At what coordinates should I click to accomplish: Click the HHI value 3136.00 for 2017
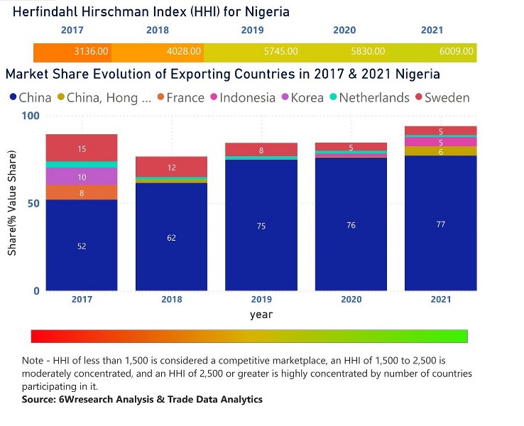click(91, 51)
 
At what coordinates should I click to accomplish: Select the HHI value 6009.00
click(456, 51)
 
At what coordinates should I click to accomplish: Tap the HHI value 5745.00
click(280, 51)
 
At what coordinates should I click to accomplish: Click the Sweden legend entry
click(443, 97)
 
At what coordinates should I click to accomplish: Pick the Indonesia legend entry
click(243, 97)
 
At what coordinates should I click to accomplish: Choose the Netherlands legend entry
click(370, 97)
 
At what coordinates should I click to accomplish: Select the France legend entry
click(181, 97)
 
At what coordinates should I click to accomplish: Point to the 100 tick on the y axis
click(31, 116)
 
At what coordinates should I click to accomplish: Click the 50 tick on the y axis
click(33, 204)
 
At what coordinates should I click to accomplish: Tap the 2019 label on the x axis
click(261, 299)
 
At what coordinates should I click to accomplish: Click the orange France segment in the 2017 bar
click(82, 192)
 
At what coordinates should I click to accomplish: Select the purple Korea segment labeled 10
click(82, 176)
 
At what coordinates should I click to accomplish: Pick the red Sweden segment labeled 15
click(82, 148)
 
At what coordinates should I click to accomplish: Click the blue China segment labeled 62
click(171, 237)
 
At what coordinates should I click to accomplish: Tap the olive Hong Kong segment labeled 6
click(441, 151)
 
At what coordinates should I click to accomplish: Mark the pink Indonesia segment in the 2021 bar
click(441, 142)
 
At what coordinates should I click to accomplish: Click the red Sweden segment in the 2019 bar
click(261, 149)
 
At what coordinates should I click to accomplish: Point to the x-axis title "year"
click(261, 315)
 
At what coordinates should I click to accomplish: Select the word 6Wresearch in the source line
click(85, 399)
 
